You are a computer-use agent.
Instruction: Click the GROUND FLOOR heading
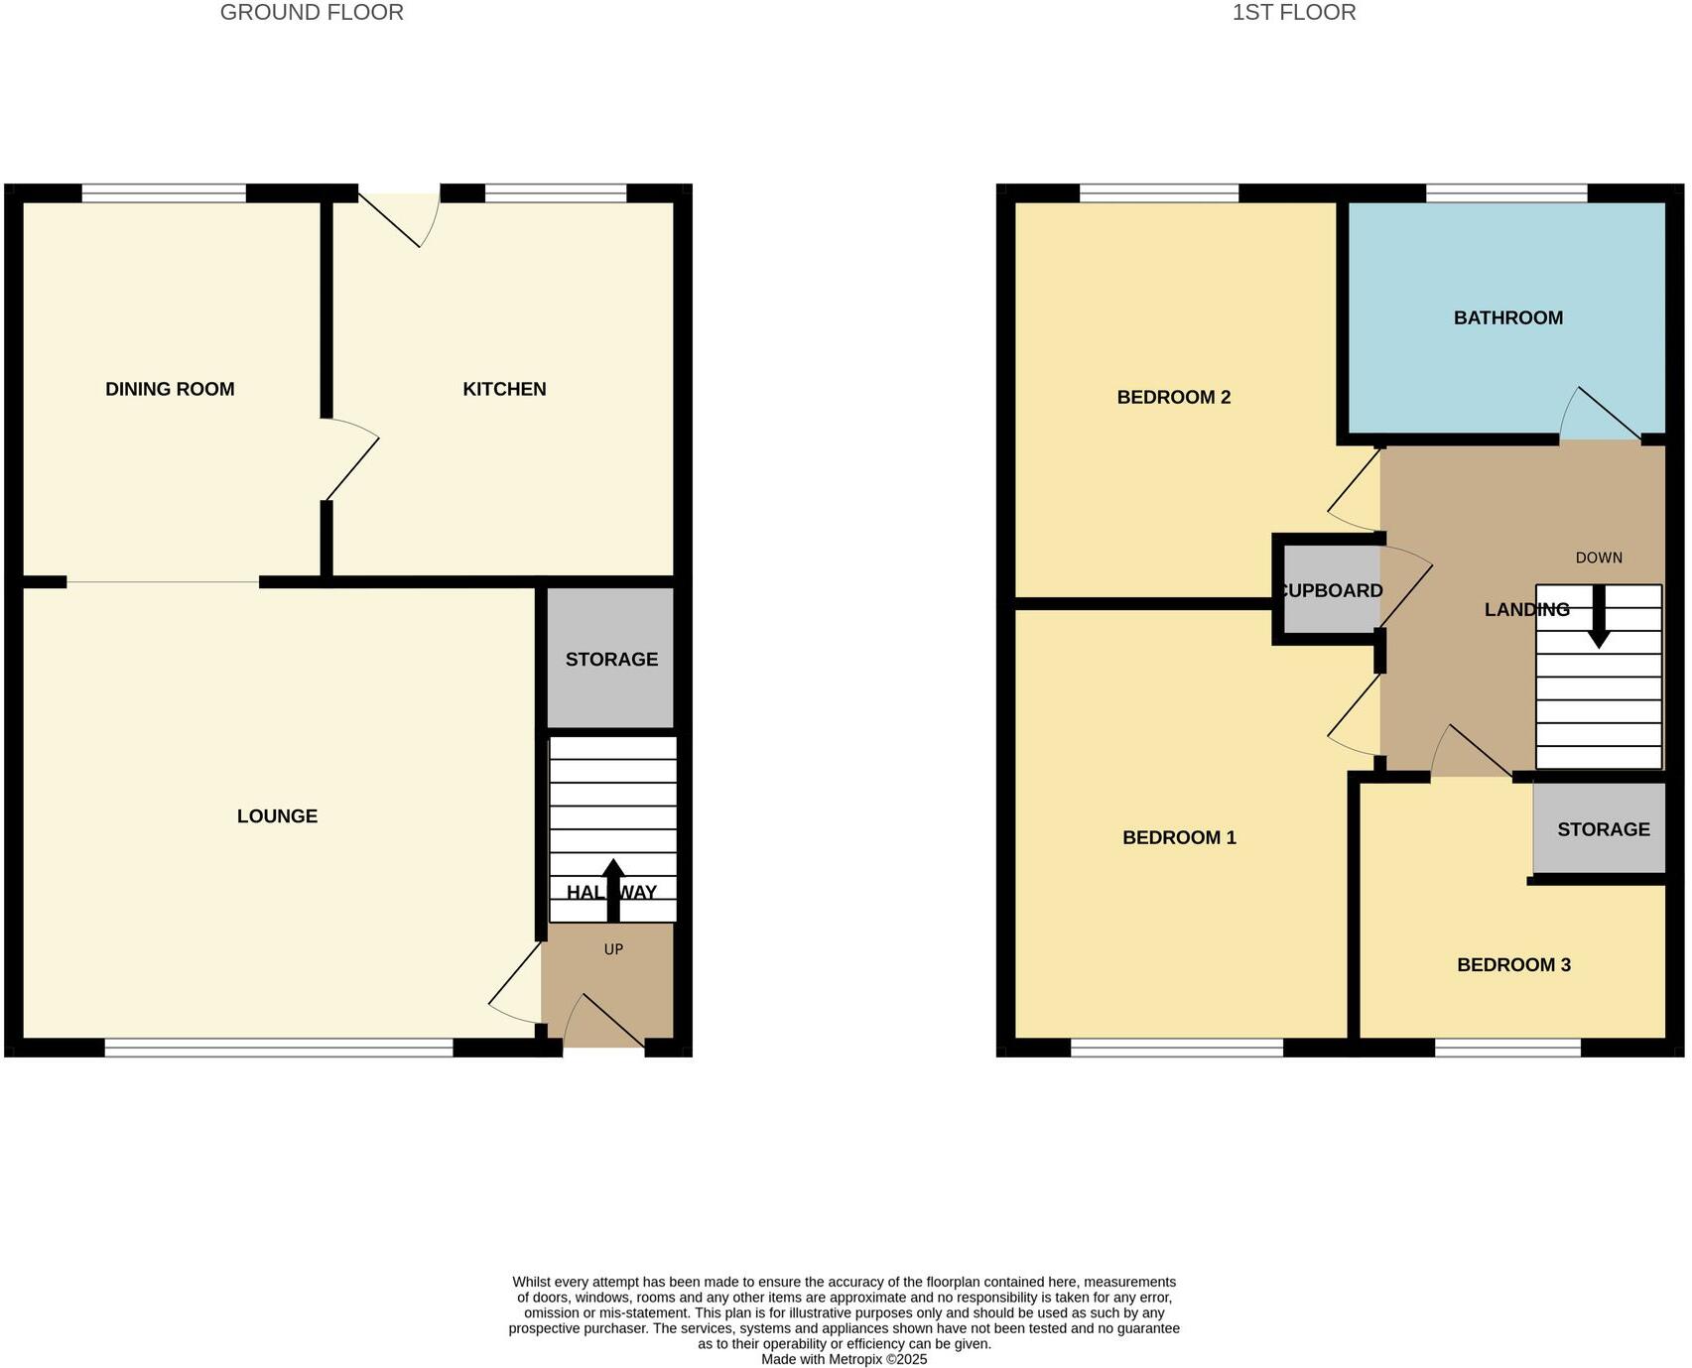(x=312, y=13)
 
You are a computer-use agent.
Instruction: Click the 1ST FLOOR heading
(x=1293, y=13)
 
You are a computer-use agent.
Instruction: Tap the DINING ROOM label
(x=170, y=389)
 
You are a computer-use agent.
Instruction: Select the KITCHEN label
(x=504, y=389)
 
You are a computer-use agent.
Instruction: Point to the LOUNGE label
(x=277, y=816)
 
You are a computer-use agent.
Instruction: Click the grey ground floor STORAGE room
(x=611, y=659)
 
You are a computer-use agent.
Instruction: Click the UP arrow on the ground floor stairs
(x=613, y=888)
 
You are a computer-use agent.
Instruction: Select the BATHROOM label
(x=1507, y=318)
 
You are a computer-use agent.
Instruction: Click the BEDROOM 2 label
(x=1173, y=398)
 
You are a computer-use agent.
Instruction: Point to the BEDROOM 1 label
(x=1179, y=838)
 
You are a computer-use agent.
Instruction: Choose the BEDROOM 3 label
(x=1513, y=965)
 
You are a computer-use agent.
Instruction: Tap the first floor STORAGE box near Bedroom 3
(x=1600, y=829)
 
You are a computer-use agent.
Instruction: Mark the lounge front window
(x=279, y=1047)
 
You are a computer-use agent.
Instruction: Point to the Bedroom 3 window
(x=1507, y=1047)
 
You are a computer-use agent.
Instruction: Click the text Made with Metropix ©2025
(x=844, y=1359)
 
